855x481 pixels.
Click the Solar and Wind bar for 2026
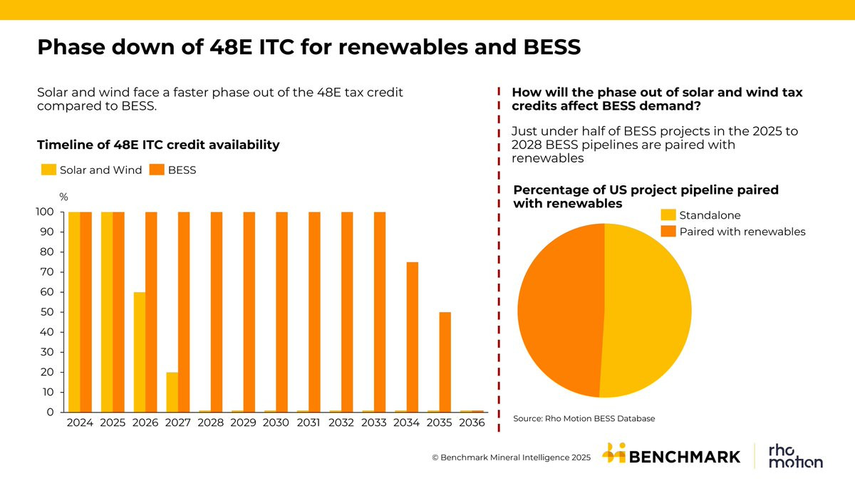140,352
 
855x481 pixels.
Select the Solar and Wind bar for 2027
172,392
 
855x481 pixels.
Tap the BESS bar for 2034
413,337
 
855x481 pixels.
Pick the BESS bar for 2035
445,362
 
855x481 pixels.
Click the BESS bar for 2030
282,312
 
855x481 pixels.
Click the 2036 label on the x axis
471,423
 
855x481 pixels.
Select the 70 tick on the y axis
46,272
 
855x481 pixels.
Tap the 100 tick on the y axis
45,212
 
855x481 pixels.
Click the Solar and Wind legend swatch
48,170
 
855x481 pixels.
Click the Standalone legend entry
710,215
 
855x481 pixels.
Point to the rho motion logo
795,457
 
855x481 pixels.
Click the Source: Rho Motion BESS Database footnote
584,418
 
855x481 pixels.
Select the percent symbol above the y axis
63,197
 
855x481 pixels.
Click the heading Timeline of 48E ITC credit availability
158,145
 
